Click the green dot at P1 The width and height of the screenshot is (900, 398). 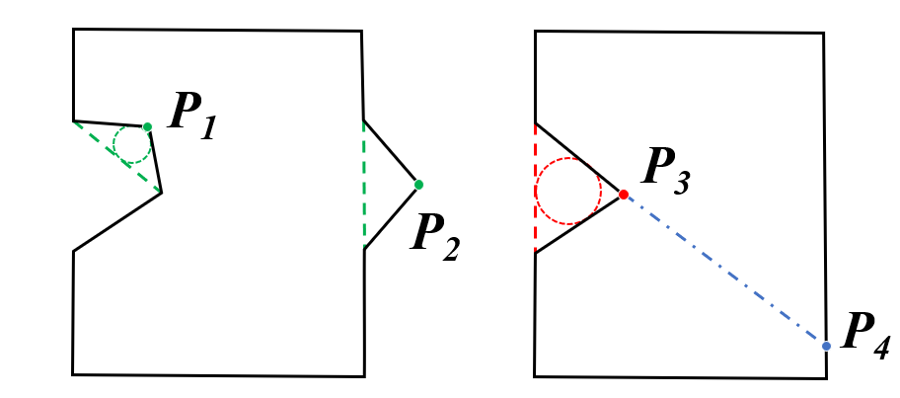[x=147, y=126]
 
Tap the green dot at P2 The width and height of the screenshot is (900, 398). [x=418, y=184]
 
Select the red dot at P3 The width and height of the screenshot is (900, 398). [x=624, y=195]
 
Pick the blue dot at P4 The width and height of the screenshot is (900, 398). [x=827, y=346]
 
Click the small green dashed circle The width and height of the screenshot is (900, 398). [x=131, y=145]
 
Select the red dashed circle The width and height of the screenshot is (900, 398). [x=568, y=191]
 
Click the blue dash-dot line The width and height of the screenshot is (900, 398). [x=725, y=271]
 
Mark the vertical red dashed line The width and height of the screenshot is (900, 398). [x=535, y=188]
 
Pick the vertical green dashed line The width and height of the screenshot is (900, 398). [x=364, y=185]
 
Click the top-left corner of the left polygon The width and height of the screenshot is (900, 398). [x=74, y=30]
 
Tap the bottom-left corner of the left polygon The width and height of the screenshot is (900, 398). [x=73, y=373]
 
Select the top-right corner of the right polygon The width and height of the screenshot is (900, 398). [x=823, y=34]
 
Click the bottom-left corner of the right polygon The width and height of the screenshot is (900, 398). [x=535, y=375]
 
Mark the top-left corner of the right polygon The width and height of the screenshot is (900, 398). [x=535, y=31]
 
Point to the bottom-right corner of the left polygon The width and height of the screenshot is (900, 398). [x=364, y=375]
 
